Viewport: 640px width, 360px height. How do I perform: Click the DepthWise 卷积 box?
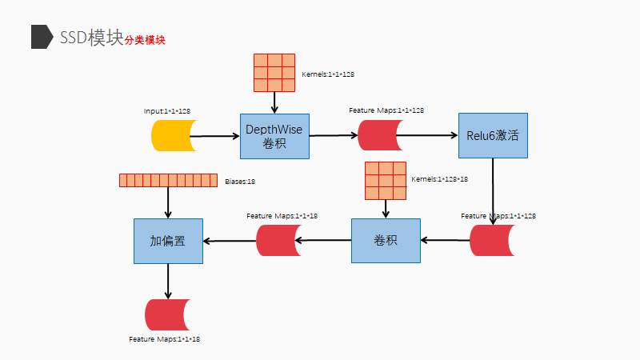[274, 136]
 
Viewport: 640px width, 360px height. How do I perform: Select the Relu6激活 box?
[493, 135]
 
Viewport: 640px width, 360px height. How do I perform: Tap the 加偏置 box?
[168, 241]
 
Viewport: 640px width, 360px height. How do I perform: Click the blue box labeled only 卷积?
[386, 240]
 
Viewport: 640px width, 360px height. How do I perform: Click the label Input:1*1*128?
[167, 110]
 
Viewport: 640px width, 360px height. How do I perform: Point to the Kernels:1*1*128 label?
[328, 74]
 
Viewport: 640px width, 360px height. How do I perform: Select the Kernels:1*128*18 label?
[439, 179]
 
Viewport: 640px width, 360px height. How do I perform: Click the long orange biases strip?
[168, 181]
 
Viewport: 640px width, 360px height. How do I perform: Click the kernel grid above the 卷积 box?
[386, 181]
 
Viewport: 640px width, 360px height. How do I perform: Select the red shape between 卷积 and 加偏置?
[277, 240]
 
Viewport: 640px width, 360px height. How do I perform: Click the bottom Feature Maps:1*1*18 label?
[164, 340]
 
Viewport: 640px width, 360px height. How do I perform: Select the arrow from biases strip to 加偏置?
[168, 202]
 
